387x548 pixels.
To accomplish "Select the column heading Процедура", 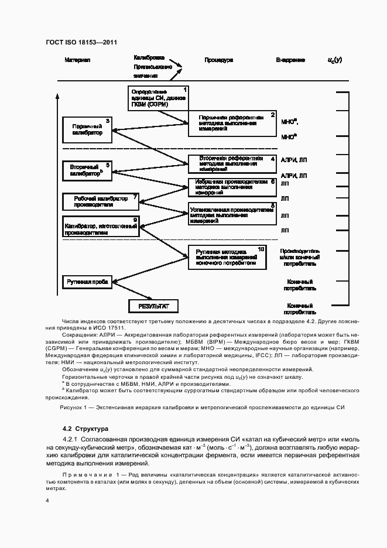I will click(219, 60).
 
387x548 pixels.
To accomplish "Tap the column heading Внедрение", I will click(290, 60).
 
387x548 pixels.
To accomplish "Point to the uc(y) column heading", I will click(334, 60).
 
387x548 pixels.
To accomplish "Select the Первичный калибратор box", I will click(87, 129).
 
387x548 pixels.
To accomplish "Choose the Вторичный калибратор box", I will click(87, 170).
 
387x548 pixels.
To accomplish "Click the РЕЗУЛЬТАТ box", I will click(153, 306).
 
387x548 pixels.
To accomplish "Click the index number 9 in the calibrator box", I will click(135, 220).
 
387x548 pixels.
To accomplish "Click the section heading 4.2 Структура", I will click(86, 429).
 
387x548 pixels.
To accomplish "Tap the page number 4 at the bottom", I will click(47, 501).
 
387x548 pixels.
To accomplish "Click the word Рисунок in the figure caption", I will click(73, 407).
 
